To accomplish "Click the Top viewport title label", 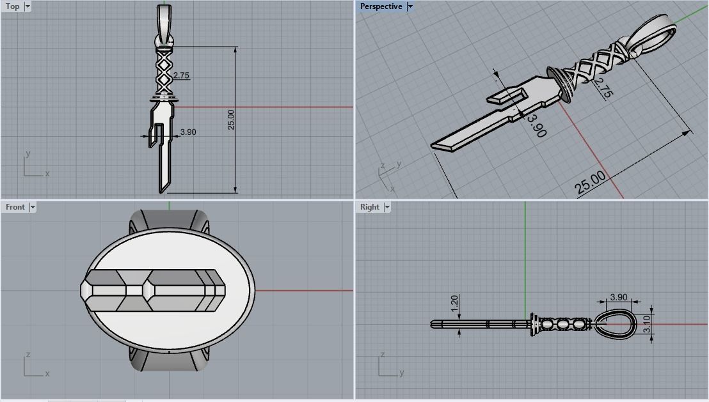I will (x=12, y=6).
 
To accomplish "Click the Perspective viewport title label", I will (x=381, y=6).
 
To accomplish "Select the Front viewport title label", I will (x=15, y=207).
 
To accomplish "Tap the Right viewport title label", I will (x=369, y=207).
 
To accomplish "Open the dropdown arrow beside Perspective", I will (x=410, y=6).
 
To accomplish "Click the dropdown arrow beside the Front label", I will (x=33, y=207).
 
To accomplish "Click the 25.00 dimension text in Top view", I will (x=231, y=120).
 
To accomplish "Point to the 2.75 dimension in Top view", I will (x=181, y=75).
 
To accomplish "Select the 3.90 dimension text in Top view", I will (x=188, y=132).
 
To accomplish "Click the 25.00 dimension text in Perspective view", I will (x=590, y=183).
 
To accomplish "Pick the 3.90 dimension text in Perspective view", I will (x=537, y=126).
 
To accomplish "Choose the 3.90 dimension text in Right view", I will (x=619, y=297).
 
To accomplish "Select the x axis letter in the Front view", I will (x=47, y=373).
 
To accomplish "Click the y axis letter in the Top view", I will (x=28, y=154).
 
